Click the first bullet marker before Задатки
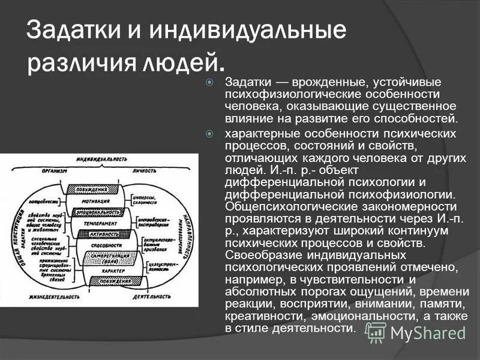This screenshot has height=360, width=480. (x=209, y=82)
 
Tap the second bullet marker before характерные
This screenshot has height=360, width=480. (x=209, y=133)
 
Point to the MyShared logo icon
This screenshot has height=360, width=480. (x=376, y=332)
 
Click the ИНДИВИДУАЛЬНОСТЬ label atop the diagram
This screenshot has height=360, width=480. (x=102, y=159)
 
